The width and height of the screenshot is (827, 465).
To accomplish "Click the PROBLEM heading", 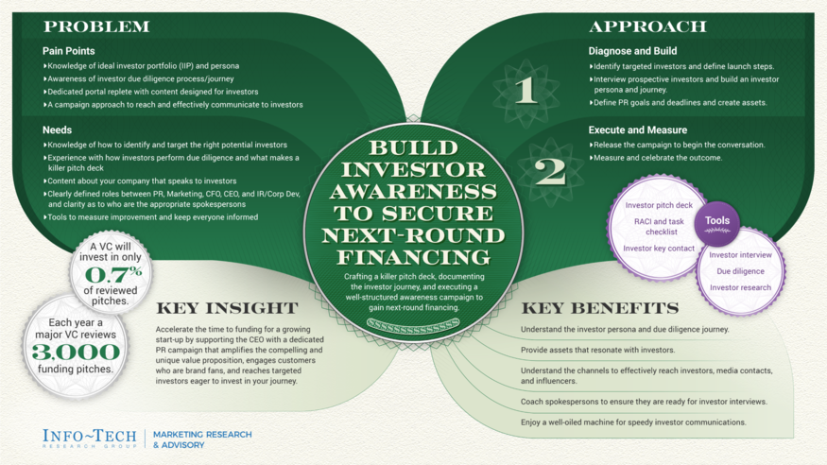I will [96, 26].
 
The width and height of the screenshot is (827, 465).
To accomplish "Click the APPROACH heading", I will [647, 26].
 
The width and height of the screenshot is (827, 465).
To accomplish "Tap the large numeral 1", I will [525, 90].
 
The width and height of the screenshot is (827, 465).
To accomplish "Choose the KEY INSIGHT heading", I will [226, 308].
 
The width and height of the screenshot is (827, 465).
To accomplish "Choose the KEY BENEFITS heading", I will [599, 308].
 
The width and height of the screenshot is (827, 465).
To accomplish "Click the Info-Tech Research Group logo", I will [91, 438].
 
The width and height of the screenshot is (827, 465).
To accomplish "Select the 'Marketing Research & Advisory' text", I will [202, 439].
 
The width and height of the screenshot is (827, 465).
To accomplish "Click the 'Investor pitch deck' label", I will [659, 205].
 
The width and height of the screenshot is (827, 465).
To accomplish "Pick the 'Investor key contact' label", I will [659, 249].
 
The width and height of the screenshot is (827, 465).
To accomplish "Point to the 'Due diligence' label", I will [740, 271].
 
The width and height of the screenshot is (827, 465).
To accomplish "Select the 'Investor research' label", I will [740, 287].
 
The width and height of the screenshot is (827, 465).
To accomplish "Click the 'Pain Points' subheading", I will [68, 51].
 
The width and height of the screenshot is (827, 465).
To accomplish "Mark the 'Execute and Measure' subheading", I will [638, 129].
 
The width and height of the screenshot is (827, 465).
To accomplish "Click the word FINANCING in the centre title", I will [412, 256].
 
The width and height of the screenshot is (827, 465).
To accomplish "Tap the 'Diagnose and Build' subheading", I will [632, 51].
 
